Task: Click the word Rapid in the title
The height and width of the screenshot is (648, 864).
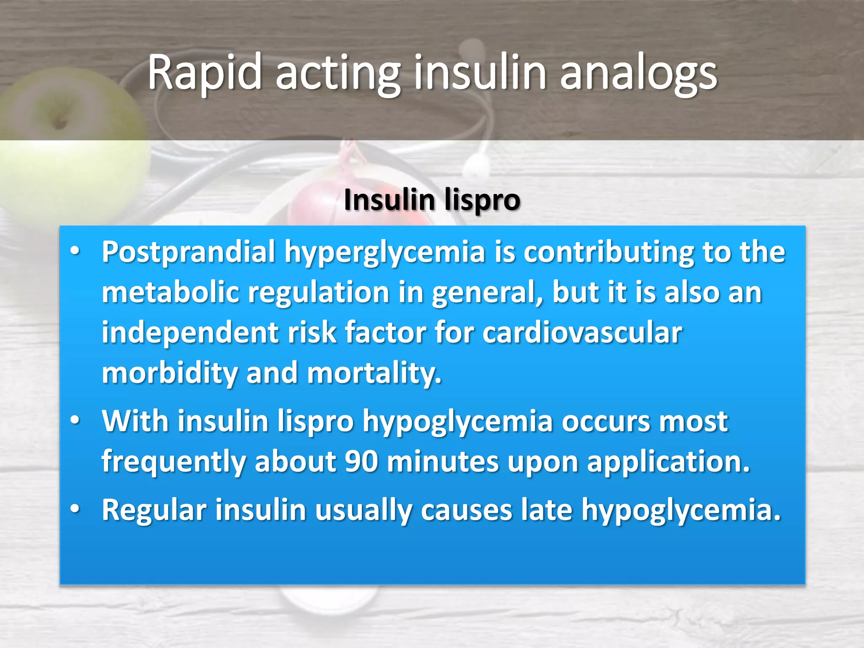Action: pos(205,73)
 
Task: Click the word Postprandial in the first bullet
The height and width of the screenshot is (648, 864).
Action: pos(189,252)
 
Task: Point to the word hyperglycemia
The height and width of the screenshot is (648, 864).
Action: pos(385,252)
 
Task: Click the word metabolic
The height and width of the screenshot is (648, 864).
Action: pos(170,292)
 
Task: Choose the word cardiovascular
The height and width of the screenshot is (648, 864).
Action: pos(582,333)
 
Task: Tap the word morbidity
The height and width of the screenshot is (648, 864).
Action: pos(170,373)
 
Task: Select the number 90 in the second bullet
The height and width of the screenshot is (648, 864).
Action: pos(361,461)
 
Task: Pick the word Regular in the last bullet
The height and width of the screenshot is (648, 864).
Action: pos(154,510)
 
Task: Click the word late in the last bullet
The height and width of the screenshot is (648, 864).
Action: pos(547,510)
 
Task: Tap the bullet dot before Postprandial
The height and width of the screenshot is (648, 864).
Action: pos(75,251)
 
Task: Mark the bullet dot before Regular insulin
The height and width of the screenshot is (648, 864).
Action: pos(75,509)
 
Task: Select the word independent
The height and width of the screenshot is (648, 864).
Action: pos(190,333)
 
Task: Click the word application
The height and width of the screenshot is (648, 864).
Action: pos(669,461)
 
